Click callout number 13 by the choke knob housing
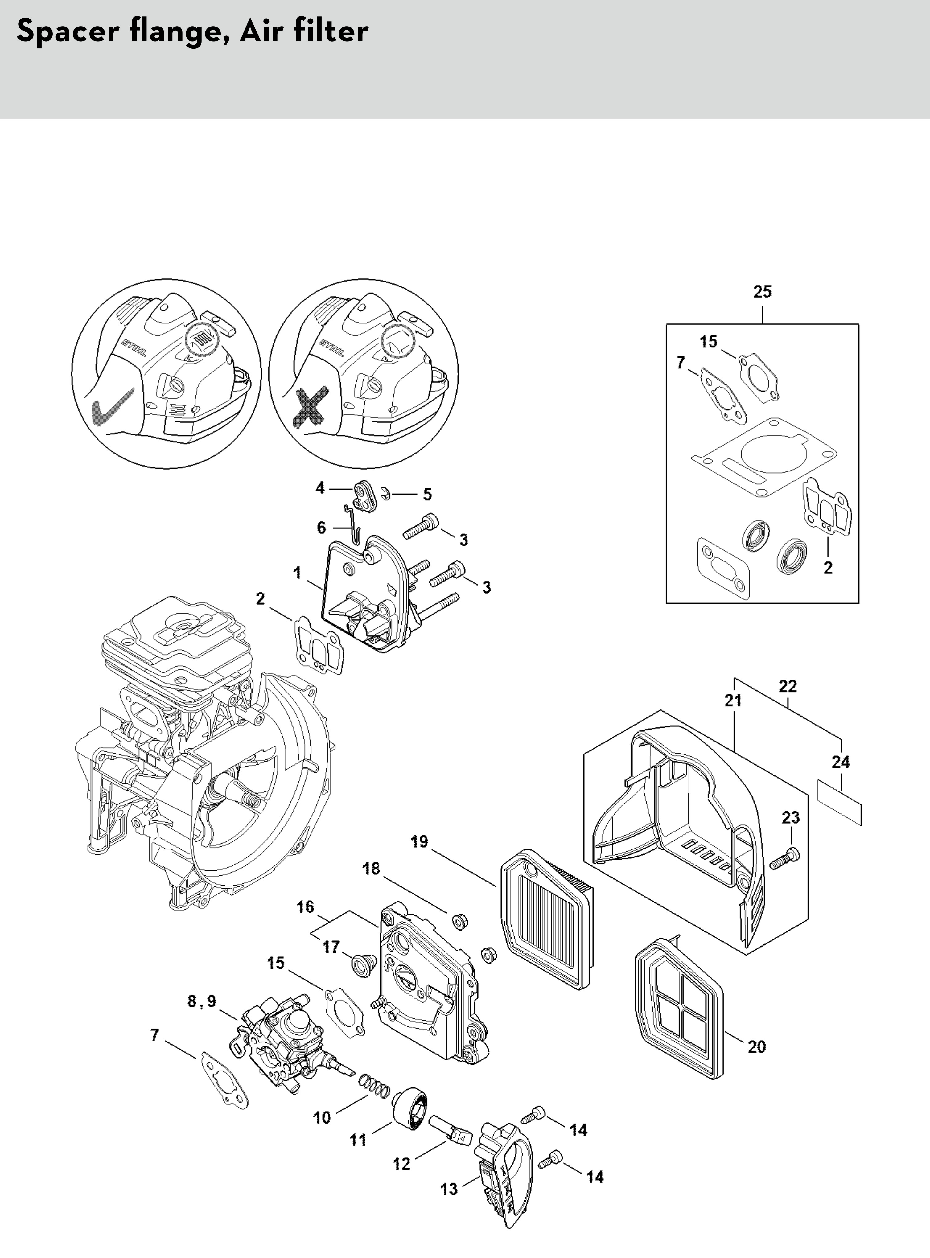pyautogui.click(x=449, y=1189)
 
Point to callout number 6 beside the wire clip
pyautogui.click(x=321, y=527)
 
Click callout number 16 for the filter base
pyautogui.click(x=306, y=907)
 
